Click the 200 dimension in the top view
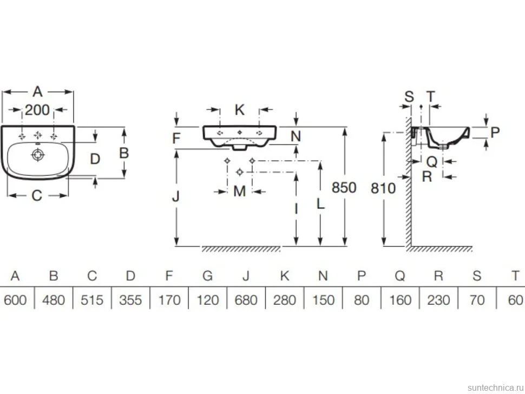[x=37, y=110]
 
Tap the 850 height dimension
[x=344, y=187]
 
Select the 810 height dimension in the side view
[x=383, y=188]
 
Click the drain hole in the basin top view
[x=38, y=155]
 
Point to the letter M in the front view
[x=239, y=192]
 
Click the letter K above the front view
[x=239, y=110]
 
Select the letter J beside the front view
[x=176, y=196]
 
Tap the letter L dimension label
[x=320, y=203]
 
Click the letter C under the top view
[x=37, y=195]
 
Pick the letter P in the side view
[x=495, y=132]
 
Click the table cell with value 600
[x=15, y=300]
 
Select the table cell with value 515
[x=92, y=300]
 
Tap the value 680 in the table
[x=246, y=300]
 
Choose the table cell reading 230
[x=438, y=300]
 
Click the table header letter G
[x=208, y=276]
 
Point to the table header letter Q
[x=400, y=276]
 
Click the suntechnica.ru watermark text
[x=495, y=388]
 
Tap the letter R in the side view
[x=427, y=176]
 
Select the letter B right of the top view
[x=124, y=153]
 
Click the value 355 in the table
[x=130, y=300]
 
